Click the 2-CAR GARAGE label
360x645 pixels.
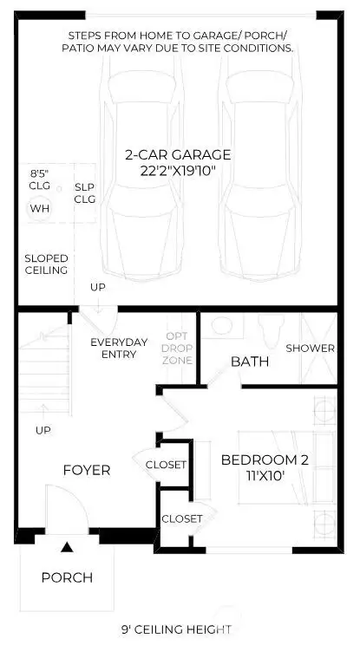tap(177, 155)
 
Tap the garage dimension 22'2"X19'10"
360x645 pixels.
tap(177, 171)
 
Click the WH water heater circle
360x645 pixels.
tap(40, 209)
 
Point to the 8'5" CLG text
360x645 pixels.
tap(40, 179)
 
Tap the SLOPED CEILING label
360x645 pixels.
tap(46, 264)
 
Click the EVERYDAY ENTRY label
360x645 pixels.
tap(119, 348)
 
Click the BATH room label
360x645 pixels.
tap(250, 361)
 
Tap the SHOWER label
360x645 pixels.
tap(311, 348)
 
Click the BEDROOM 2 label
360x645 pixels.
tap(264, 459)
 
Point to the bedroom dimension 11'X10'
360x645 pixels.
tap(264, 476)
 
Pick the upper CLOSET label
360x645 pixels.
tap(166, 465)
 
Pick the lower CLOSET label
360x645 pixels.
tap(182, 518)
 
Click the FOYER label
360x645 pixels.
tap(87, 470)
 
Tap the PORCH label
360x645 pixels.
tap(67, 577)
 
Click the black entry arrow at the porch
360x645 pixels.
tap(66, 547)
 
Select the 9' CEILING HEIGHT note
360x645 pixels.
tap(177, 629)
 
